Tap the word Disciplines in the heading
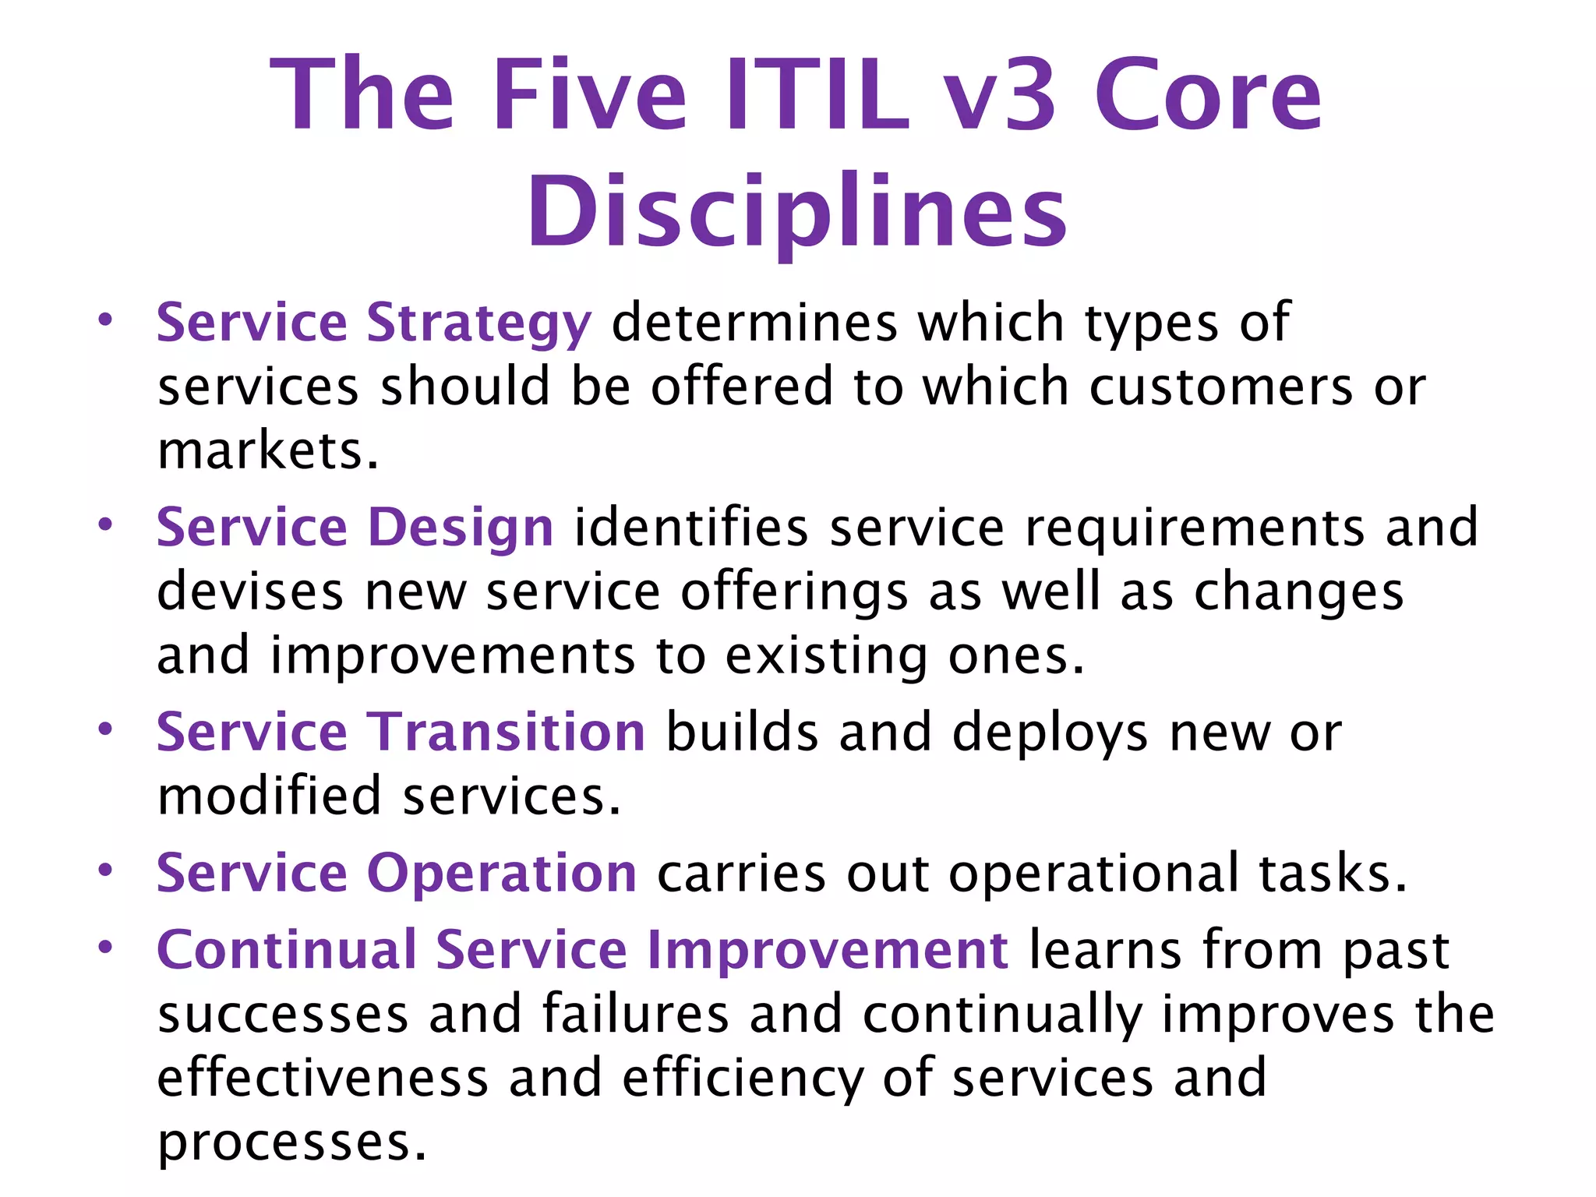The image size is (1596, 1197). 796,212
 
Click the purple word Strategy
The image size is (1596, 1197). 478,323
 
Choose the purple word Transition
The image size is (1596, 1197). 506,733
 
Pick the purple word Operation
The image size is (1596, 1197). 502,872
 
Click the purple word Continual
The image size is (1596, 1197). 287,950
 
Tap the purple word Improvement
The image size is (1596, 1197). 828,950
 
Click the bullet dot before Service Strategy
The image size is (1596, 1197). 105,320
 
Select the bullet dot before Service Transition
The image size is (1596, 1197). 105,729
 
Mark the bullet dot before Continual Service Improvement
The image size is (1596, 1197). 105,947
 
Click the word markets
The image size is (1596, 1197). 268,451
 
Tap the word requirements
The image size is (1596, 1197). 1194,528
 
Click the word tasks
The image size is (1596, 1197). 1333,874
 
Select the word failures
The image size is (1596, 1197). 635,1014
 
